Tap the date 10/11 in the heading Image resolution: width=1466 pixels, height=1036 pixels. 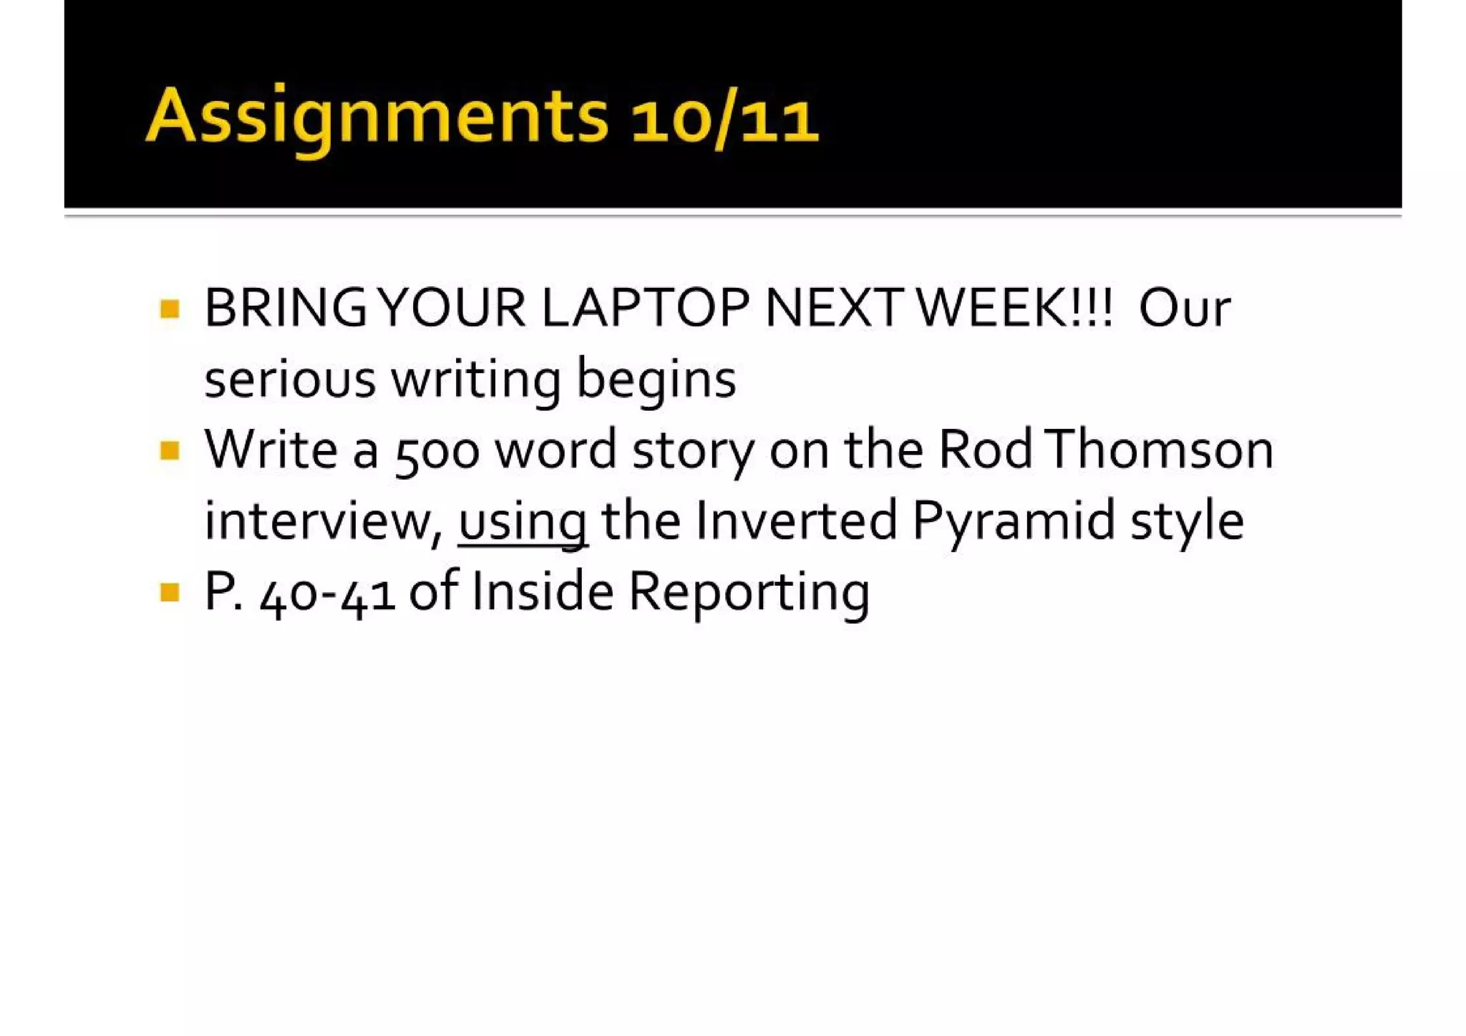[x=724, y=119]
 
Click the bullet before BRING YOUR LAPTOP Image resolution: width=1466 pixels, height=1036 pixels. [x=170, y=309]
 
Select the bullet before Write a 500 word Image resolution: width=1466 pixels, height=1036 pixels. [x=170, y=451]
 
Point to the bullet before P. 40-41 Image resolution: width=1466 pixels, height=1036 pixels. [x=170, y=592]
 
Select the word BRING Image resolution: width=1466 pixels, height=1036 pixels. [x=285, y=309]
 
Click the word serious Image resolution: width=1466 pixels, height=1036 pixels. [x=290, y=379]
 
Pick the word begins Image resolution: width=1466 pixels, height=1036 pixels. [x=656, y=380]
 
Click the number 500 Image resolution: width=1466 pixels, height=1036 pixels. [x=437, y=452]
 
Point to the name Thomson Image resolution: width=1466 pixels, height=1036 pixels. [x=1159, y=450]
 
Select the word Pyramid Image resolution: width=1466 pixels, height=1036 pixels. [x=1014, y=522]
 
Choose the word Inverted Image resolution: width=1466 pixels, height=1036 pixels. [x=795, y=521]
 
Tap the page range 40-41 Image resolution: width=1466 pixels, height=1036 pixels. [x=328, y=594]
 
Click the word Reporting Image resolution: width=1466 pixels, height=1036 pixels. [x=749, y=594]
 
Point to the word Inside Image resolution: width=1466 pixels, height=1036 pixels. [x=543, y=592]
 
